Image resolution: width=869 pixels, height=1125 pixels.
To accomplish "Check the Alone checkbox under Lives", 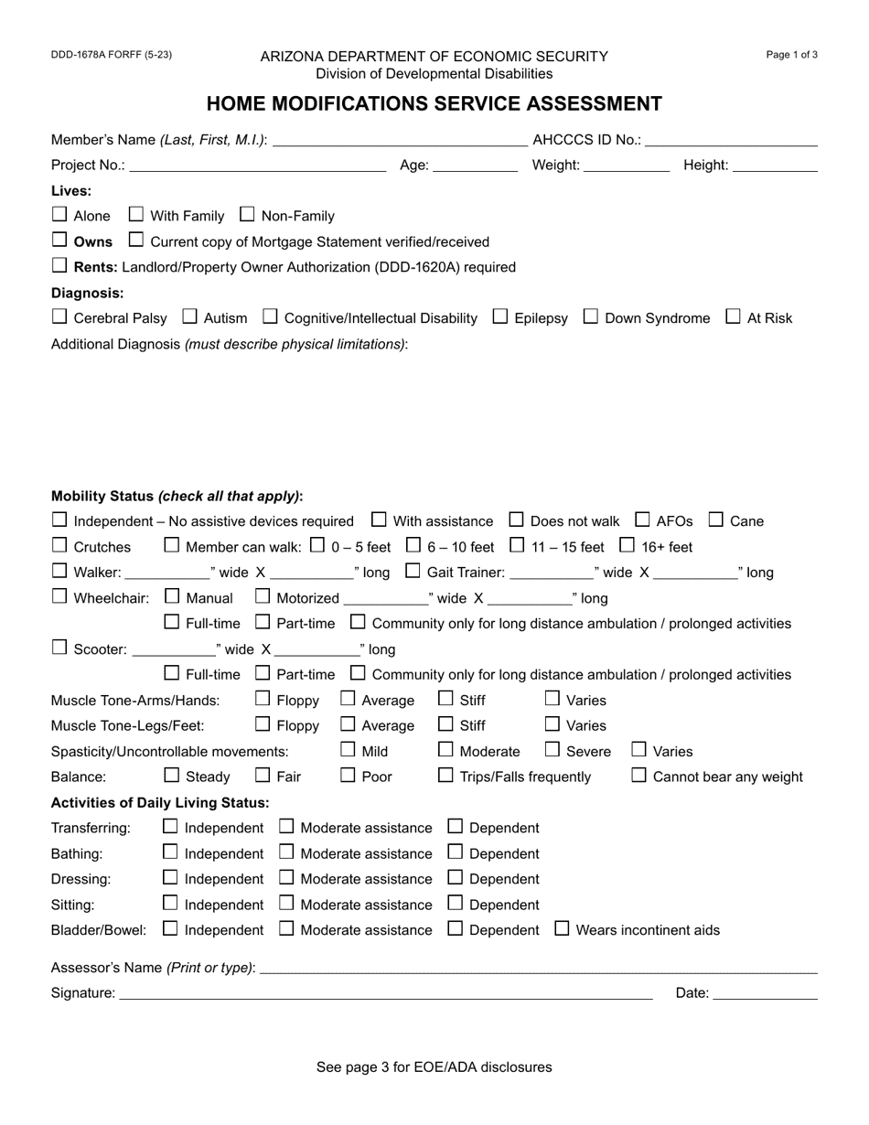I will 59,215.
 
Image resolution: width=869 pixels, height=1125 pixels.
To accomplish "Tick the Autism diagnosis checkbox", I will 190,317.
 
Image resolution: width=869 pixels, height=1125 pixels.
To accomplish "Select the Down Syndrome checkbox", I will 591,317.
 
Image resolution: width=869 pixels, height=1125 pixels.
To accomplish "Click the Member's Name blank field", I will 400,140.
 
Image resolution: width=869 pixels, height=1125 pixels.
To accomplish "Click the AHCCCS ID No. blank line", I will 731,140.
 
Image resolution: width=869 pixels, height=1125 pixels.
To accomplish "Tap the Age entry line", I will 474,166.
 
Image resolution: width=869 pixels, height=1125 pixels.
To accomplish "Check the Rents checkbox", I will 59,266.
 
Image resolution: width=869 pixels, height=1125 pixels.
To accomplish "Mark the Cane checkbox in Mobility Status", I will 716,520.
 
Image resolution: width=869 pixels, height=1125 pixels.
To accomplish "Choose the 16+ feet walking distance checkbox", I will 627,546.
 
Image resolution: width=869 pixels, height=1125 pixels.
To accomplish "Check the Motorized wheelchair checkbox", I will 263,597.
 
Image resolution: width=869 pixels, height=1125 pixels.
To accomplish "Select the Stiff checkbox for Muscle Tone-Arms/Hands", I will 445,700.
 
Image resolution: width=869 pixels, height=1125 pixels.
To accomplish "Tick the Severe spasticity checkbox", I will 553,750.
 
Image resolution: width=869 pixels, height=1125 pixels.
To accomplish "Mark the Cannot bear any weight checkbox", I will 639,776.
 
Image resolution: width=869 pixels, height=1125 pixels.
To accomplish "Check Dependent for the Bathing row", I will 456,852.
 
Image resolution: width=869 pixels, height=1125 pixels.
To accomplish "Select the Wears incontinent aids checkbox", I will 562,929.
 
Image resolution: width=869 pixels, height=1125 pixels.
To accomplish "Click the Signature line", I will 385,993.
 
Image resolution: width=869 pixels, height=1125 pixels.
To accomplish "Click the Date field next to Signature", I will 765,993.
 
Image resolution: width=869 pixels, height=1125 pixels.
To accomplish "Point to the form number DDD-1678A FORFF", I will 112,55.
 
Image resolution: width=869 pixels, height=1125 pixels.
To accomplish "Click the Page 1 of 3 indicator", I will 791,55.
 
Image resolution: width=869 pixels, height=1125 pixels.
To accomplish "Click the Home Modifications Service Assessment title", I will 434,103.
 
